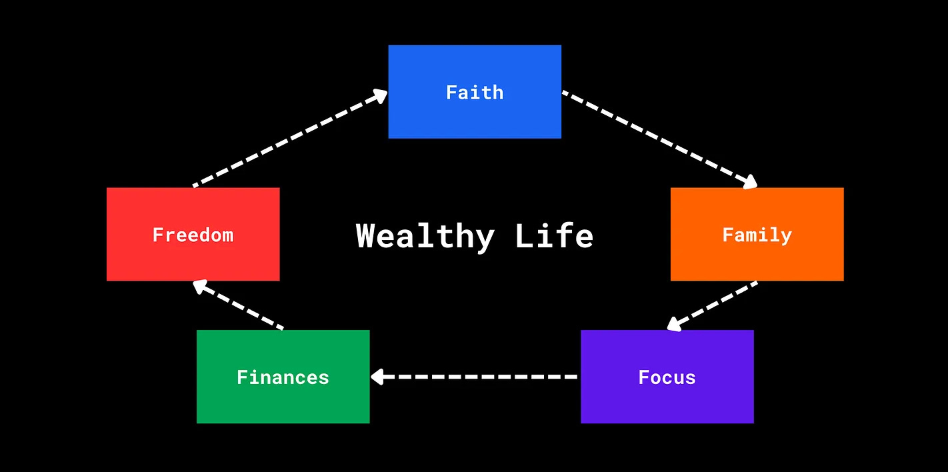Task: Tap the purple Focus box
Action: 667,400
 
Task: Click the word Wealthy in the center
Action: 425,236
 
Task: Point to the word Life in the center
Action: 554,236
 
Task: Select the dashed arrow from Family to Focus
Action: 713,305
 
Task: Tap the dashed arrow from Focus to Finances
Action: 475,377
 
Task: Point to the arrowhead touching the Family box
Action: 750,182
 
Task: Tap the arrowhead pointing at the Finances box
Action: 377,377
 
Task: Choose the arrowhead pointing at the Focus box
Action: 674,324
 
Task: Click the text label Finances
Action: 283,377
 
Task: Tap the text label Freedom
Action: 193,235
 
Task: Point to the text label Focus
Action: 667,377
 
